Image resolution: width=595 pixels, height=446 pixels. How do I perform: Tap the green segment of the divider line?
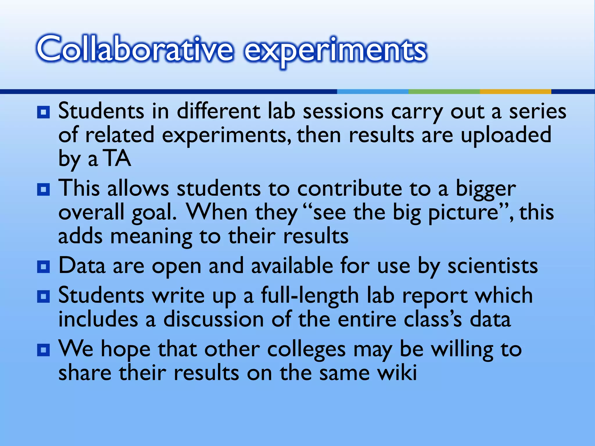pos(444,91)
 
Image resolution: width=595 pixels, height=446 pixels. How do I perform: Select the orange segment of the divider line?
pos(515,91)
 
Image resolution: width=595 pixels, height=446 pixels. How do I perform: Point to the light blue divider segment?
pos(372,91)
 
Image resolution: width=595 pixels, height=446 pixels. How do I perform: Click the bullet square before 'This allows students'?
pos(44,190)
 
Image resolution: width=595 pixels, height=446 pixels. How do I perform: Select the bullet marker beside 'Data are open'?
pos(44,267)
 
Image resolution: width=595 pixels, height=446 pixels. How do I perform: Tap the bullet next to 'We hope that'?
pos(44,350)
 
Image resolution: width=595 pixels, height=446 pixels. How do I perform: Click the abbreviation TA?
pos(118,159)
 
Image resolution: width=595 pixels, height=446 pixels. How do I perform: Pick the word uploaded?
pos(506,135)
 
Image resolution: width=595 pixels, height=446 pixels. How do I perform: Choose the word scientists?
pos(492,266)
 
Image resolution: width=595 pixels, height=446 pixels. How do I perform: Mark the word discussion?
pos(214,320)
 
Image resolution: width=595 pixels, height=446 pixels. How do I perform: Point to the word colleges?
pos(306,350)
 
